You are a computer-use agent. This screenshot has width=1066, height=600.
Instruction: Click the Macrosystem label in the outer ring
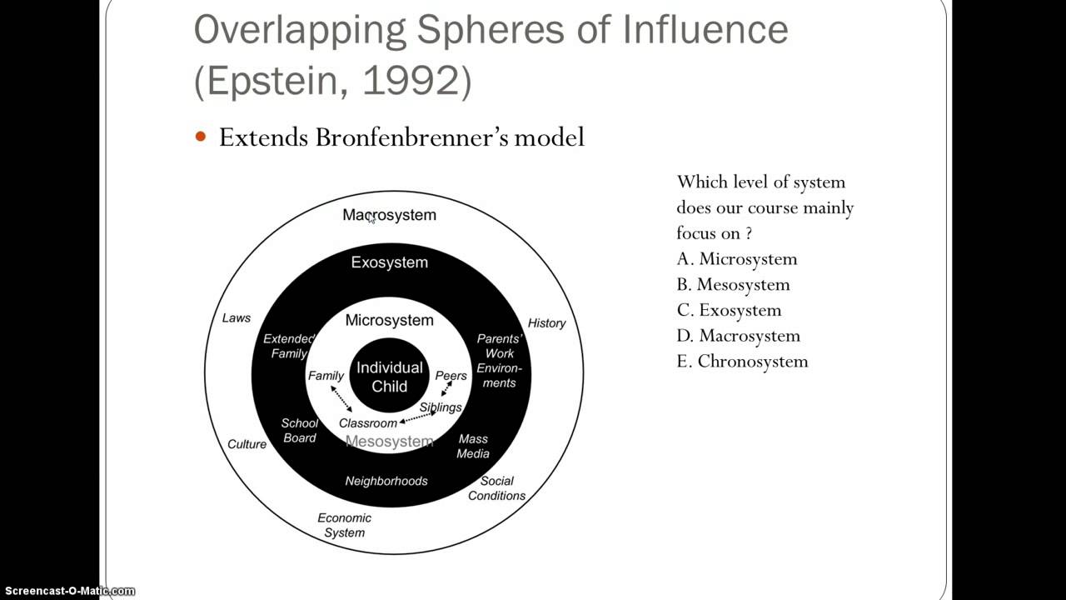click(389, 215)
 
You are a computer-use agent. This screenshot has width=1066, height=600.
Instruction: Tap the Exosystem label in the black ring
click(389, 262)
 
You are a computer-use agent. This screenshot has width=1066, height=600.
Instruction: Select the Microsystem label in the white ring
click(389, 321)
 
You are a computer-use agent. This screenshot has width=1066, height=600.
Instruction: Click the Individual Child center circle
click(389, 377)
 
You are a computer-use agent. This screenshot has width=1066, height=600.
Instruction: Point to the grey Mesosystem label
click(389, 442)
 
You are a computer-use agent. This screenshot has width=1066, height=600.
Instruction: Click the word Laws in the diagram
click(236, 318)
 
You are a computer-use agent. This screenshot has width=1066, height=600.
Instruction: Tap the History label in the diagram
click(546, 323)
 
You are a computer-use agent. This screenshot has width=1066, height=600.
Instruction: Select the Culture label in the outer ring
click(247, 444)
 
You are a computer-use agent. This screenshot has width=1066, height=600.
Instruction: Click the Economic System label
click(344, 525)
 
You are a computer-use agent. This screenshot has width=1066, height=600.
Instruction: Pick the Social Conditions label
click(496, 488)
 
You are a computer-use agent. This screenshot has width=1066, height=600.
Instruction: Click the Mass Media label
click(473, 447)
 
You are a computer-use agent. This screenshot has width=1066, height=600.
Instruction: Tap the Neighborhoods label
click(386, 481)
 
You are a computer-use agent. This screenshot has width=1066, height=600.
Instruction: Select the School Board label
click(300, 431)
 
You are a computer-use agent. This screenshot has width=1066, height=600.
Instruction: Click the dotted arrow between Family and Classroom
click(341, 398)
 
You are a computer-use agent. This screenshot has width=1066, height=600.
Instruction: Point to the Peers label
click(451, 376)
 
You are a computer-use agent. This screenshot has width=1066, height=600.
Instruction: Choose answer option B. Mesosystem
click(733, 285)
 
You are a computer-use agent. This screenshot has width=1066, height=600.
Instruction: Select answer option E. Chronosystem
click(742, 362)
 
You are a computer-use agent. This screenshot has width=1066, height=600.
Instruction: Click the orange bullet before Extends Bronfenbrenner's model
click(200, 137)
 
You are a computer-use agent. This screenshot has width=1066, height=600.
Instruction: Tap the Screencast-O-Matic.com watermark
click(67, 591)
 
